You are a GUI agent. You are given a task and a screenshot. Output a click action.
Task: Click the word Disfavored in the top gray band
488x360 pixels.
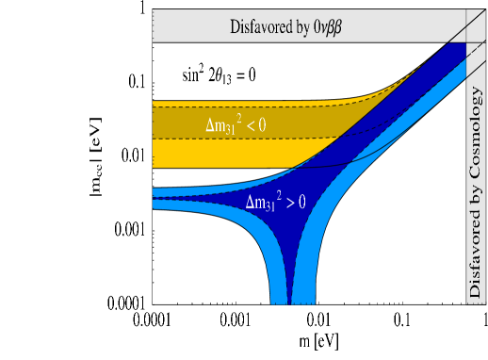click(260, 26)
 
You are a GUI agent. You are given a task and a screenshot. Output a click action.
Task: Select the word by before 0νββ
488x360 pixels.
click(303, 27)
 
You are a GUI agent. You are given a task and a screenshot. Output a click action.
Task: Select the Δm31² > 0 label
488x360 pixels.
click(281, 202)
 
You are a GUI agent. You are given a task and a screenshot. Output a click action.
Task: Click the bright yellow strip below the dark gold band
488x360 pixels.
click(188, 153)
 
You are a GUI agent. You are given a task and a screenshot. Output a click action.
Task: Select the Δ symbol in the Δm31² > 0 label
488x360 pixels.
click(250, 202)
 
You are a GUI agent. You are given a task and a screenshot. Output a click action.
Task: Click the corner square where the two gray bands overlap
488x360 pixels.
click(475, 26)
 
